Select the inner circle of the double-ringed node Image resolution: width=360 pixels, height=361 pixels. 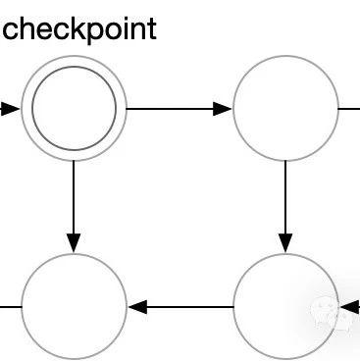pos(75,108)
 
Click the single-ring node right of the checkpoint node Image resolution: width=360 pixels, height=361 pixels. pos(285,108)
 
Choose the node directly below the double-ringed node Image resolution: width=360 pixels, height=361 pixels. pos(75,306)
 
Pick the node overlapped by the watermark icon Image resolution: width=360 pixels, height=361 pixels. pos(285,306)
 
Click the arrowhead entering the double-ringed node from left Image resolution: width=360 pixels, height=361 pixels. pos(10,108)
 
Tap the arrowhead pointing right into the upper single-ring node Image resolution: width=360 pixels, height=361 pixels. pos(223,108)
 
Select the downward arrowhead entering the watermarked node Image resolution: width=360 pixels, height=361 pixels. pos(285,242)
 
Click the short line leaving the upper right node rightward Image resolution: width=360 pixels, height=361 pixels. pos(349,108)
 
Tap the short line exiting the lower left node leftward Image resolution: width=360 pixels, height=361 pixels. pos(10,306)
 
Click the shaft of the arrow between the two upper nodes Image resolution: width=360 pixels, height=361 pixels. pos(172,108)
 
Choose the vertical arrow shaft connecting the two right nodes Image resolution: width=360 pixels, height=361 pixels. pos(285,196)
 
